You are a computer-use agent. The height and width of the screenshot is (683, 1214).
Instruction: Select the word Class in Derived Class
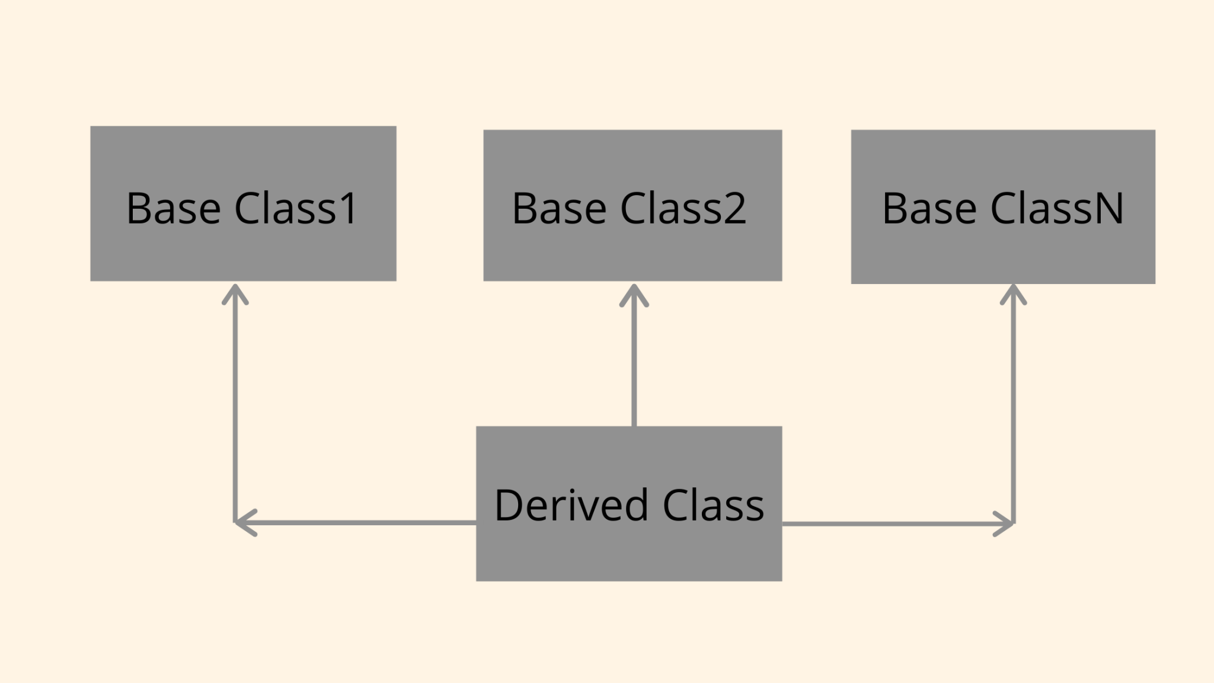pos(713,505)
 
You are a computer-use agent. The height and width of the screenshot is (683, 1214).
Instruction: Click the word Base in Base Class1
pos(173,208)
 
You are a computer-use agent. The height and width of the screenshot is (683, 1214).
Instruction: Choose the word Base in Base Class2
pos(559,208)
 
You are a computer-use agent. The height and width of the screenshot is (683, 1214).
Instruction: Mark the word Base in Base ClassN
pos(929,208)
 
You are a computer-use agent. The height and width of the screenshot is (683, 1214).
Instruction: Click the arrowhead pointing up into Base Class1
pos(235,293)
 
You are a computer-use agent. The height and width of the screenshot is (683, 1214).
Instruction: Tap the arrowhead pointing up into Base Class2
pos(634,294)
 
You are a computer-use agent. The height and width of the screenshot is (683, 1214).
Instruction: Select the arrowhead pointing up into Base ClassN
pos(1013,293)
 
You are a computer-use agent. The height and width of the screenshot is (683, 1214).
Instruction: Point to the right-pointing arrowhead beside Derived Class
pos(1004,524)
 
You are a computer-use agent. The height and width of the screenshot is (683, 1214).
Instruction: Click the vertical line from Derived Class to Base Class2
pos(634,368)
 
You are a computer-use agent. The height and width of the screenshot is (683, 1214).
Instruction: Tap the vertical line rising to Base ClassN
pos(1013,409)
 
